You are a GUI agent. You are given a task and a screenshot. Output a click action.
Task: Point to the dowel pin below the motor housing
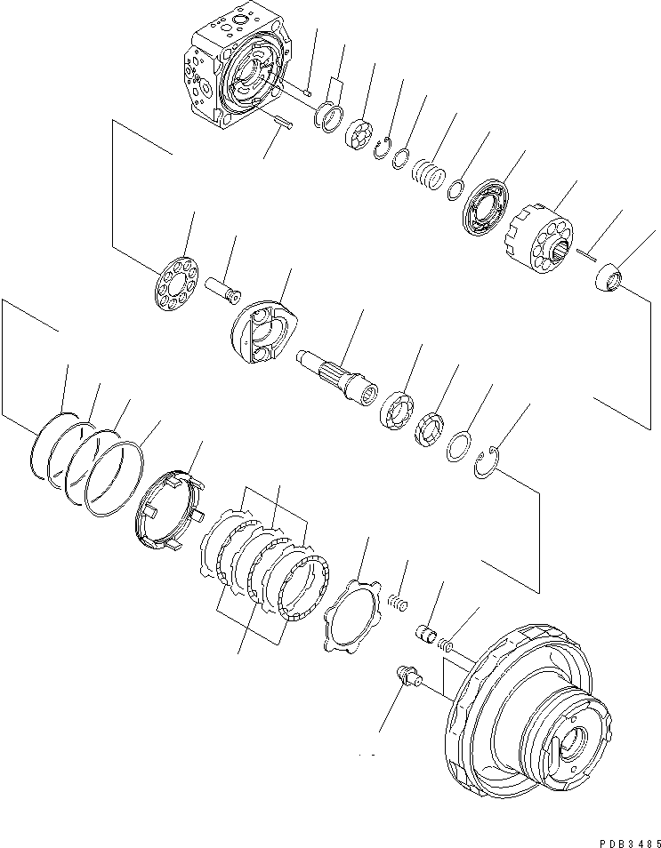coord(283,123)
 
